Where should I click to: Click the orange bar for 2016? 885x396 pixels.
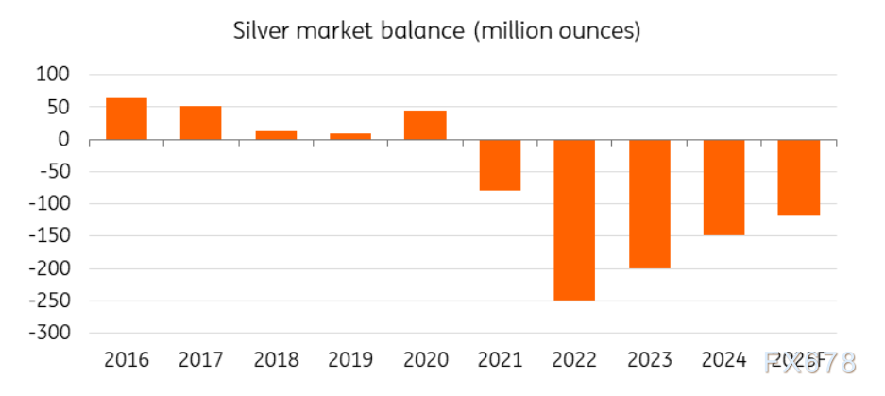coord(127,119)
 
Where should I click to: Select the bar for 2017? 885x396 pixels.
coord(200,123)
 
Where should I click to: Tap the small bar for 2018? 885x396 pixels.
coord(275,135)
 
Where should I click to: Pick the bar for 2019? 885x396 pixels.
coord(349,136)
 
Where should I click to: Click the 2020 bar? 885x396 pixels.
coord(424,126)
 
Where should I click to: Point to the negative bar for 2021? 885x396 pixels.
coord(500,165)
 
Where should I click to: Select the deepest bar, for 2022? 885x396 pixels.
coord(574,219)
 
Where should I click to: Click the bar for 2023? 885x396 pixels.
coord(649,203)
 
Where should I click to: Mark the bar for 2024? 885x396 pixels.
coord(723,187)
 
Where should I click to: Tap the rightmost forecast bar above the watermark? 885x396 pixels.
coord(798,178)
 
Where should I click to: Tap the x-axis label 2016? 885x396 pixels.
coord(127,360)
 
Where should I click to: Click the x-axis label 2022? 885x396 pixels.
coord(574,360)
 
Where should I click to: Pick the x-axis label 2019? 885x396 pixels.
coord(349,360)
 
